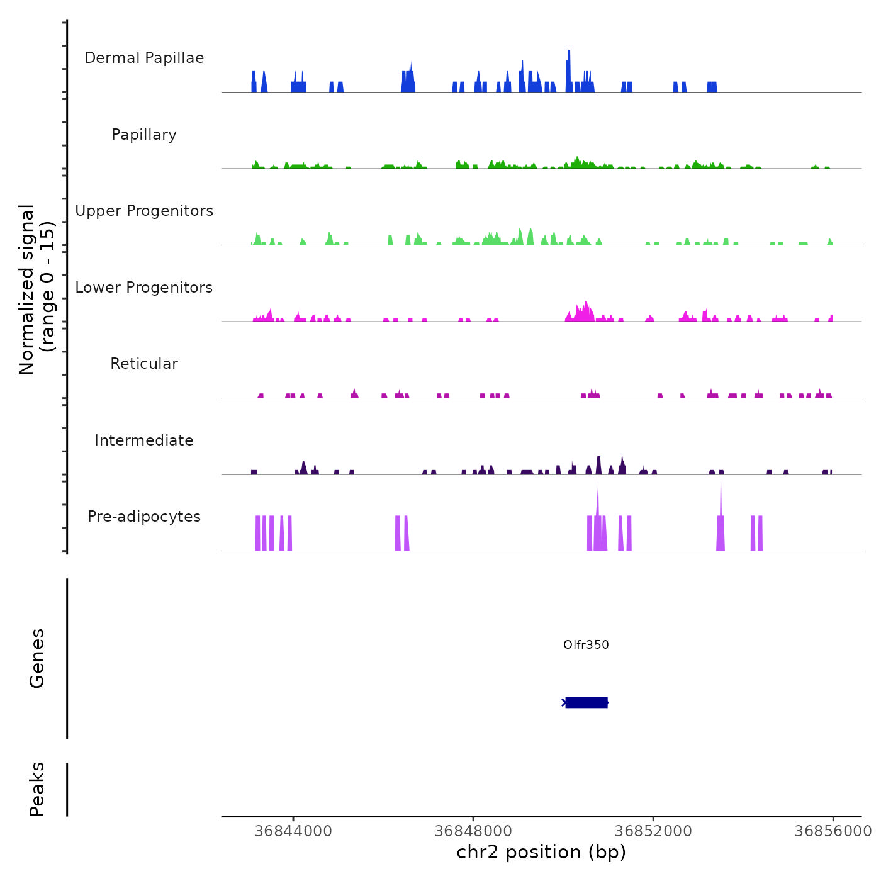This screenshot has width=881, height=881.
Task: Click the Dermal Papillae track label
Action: (144, 58)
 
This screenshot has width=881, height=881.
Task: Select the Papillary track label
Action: (144, 135)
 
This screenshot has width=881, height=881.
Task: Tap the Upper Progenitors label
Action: (144, 211)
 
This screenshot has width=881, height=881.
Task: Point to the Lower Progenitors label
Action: (144, 288)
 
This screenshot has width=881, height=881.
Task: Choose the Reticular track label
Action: (144, 364)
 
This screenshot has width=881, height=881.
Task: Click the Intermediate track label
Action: (144, 441)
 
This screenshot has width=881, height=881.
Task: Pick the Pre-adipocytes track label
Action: (144, 517)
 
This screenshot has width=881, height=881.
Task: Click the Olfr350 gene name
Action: (586, 644)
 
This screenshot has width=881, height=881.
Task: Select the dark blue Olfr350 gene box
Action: (586, 702)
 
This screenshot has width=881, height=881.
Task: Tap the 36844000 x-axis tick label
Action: (293, 831)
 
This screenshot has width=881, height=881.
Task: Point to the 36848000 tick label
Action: (473, 831)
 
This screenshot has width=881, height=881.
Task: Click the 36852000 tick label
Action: (653, 831)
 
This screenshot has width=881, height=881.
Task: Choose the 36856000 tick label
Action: (833, 831)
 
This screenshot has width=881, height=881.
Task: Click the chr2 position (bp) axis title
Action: (541, 852)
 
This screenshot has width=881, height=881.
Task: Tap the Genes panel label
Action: (36, 658)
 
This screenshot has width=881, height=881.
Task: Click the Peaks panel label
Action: (36, 789)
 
